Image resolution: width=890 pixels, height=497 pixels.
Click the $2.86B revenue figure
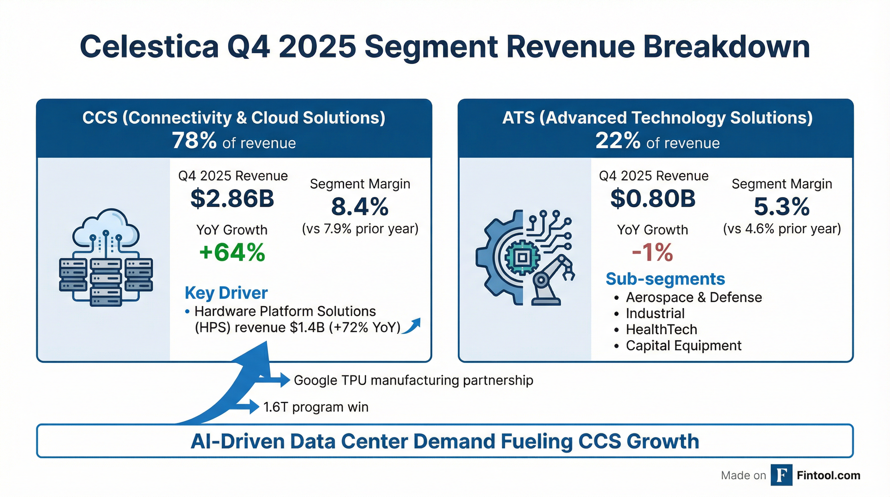coord(232,199)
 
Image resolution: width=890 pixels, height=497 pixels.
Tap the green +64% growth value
coord(232,252)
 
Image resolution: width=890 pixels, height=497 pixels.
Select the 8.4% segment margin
coord(360,207)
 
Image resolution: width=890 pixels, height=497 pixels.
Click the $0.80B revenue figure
coord(653,199)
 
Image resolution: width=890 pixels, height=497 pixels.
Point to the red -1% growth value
coord(652,252)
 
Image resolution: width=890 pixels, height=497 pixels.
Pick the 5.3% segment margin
coord(782,207)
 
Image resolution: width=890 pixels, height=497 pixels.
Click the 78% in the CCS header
coord(194,141)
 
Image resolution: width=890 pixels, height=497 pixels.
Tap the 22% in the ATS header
coord(617,141)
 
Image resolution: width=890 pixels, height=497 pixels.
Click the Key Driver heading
coord(226,293)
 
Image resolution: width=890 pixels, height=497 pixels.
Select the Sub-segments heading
coord(665,279)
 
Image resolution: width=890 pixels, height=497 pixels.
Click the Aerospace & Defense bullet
coord(693,297)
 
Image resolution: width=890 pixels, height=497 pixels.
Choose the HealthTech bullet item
coord(661,329)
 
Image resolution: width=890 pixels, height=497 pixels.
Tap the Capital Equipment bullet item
coord(683,346)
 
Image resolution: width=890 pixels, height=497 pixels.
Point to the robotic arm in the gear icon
coord(553,280)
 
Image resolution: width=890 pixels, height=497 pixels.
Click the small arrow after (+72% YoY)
coord(412,326)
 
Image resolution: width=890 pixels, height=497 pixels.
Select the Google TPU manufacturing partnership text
coord(413,380)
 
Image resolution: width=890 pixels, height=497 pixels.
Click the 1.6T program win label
coord(315,407)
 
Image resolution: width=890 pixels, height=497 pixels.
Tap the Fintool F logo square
coord(781,475)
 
